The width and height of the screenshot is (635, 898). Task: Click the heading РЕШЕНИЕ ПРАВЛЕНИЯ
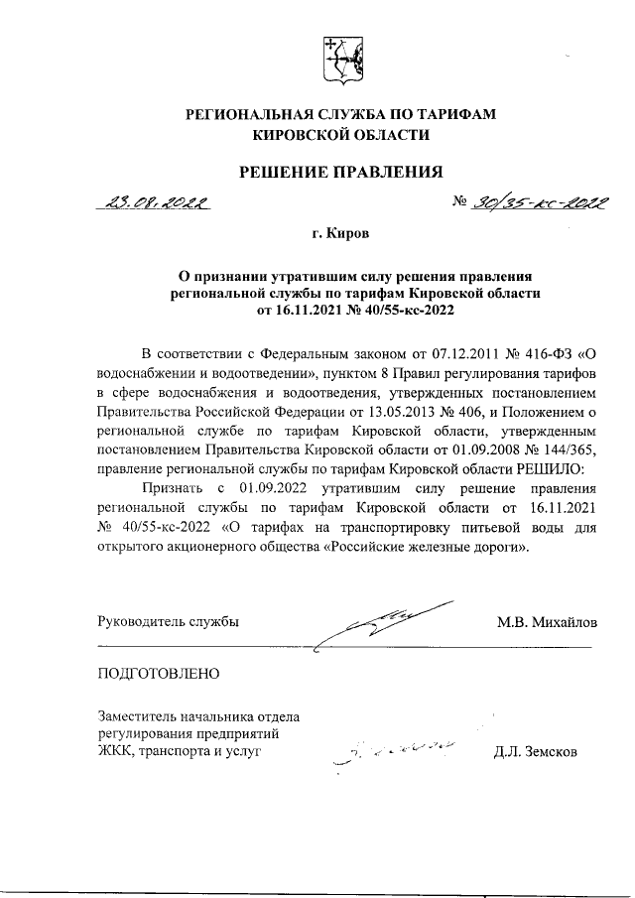coord(340,172)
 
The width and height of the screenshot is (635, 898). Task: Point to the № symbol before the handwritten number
coord(459,201)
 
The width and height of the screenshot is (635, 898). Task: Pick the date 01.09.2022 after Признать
coord(283,486)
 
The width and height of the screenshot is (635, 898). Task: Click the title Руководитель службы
coord(168,622)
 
